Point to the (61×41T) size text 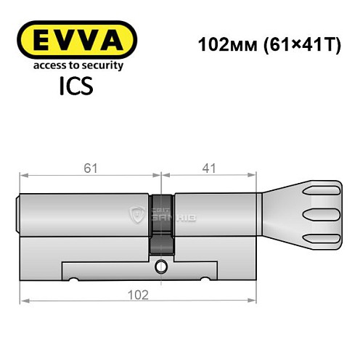click(295, 44)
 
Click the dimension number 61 click(88, 168)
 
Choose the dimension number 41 click(209, 168)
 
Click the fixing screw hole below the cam click(160, 269)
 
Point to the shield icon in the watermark click(136, 214)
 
